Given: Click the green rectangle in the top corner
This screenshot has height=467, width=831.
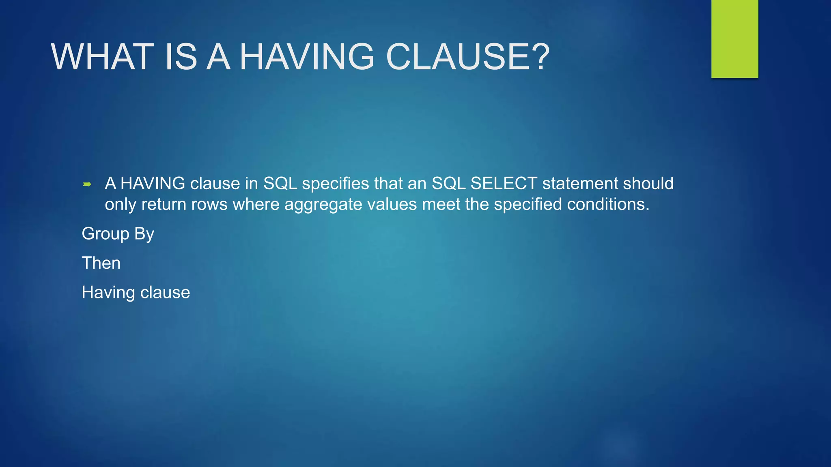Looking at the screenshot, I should (734, 39).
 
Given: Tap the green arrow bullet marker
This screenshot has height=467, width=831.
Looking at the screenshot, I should (87, 184).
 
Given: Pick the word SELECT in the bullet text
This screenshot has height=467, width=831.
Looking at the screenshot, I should (504, 184).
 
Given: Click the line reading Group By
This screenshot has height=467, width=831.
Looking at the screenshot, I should (118, 234).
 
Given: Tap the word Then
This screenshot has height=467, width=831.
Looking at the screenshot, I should (101, 263).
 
